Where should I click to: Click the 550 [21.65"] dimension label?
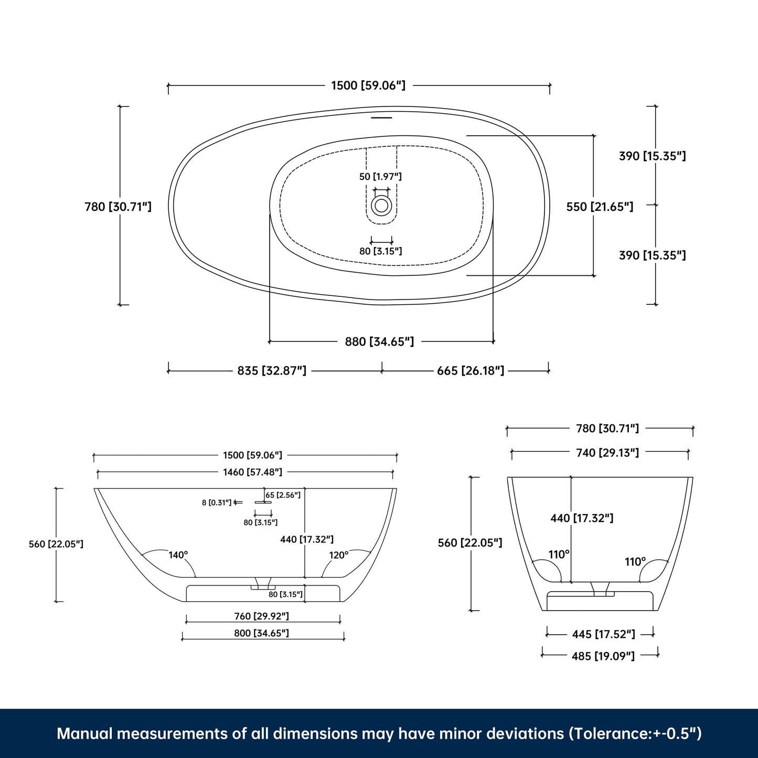pyautogui.click(x=600, y=207)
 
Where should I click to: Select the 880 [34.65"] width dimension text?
pyautogui.click(x=379, y=342)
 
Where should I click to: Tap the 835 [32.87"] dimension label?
pyautogui.click(x=272, y=371)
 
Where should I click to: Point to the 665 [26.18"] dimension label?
pyautogui.click(x=471, y=371)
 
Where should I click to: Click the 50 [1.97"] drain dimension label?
pyautogui.click(x=380, y=177)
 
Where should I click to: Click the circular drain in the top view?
pyautogui.click(x=381, y=205)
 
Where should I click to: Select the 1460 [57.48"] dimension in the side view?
pyautogui.click(x=252, y=472)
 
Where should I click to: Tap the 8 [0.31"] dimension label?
pyautogui.click(x=216, y=503)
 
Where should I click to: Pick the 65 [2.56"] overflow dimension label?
pyautogui.click(x=283, y=495)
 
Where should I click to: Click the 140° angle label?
pyautogui.click(x=178, y=555)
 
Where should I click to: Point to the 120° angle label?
pyautogui.click(x=339, y=555)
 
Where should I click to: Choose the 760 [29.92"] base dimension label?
pyautogui.click(x=261, y=616)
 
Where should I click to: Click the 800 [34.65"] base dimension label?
pyautogui.click(x=261, y=633)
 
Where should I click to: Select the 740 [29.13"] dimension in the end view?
pyautogui.click(x=607, y=453)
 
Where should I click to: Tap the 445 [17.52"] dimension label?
pyautogui.click(x=603, y=634)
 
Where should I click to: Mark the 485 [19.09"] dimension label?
pyautogui.click(x=603, y=656)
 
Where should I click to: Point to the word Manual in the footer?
pyautogui.click(x=84, y=733)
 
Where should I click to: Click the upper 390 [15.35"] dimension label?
pyautogui.click(x=652, y=156)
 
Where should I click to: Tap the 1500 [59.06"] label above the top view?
pyautogui.click(x=368, y=86)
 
